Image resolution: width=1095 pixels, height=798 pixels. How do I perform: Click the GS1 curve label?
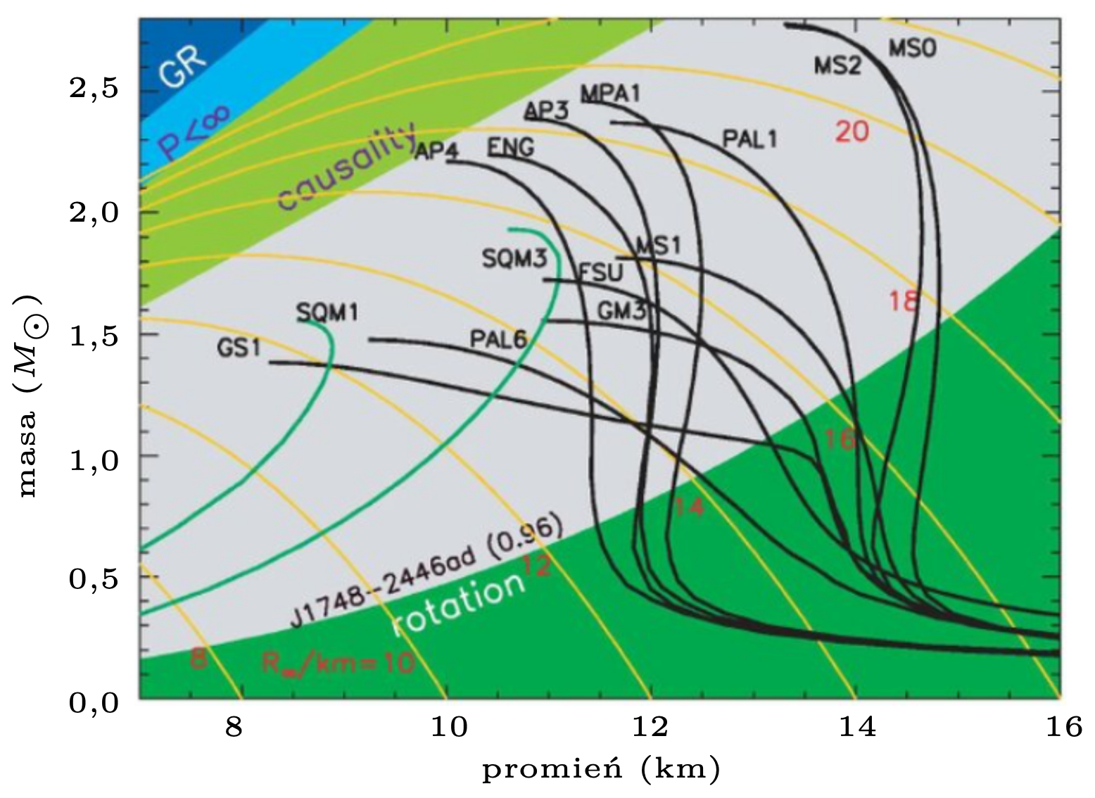(x=239, y=348)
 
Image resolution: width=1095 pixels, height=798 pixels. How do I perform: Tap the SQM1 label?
(x=327, y=312)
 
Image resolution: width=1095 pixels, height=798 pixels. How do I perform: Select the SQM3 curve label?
(x=514, y=258)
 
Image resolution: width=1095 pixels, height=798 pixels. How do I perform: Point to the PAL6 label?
(x=498, y=339)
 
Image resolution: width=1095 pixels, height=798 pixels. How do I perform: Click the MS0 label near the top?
(x=912, y=49)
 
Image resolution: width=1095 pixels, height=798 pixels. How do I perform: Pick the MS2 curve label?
(x=837, y=65)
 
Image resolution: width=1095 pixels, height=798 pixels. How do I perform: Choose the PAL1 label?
(x=750, y=139)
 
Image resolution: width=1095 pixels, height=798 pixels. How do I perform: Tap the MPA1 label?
(x=610, y=94)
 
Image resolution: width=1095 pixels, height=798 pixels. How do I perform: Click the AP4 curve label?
(x=436, y=151)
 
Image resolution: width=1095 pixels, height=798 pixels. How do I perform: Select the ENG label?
(x=510, y=147)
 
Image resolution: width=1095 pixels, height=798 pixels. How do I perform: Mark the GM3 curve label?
(x=621, y=310)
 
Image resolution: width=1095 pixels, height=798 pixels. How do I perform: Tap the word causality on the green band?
(x=347, y=167)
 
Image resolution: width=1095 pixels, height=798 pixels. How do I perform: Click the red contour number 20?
(x=852, y=132)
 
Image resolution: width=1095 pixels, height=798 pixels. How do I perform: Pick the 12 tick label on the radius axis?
(x=651, y=726)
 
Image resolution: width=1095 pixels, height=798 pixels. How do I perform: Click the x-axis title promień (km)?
(x=601, y=770)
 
